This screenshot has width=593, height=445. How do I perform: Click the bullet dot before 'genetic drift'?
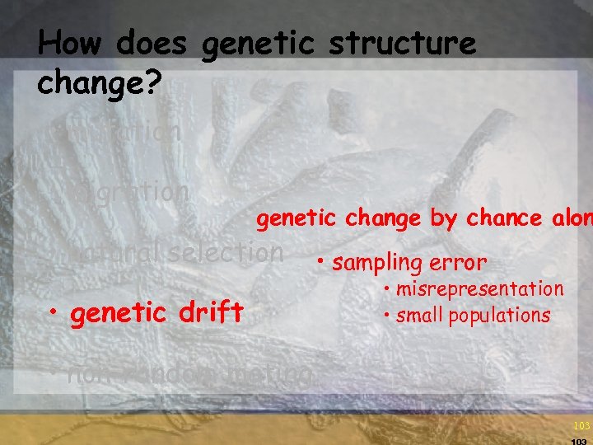[54, 312]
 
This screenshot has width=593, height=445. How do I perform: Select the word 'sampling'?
[376, 263]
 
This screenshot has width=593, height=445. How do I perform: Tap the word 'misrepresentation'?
[481, 289]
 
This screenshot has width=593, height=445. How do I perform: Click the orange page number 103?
[581, 426]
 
